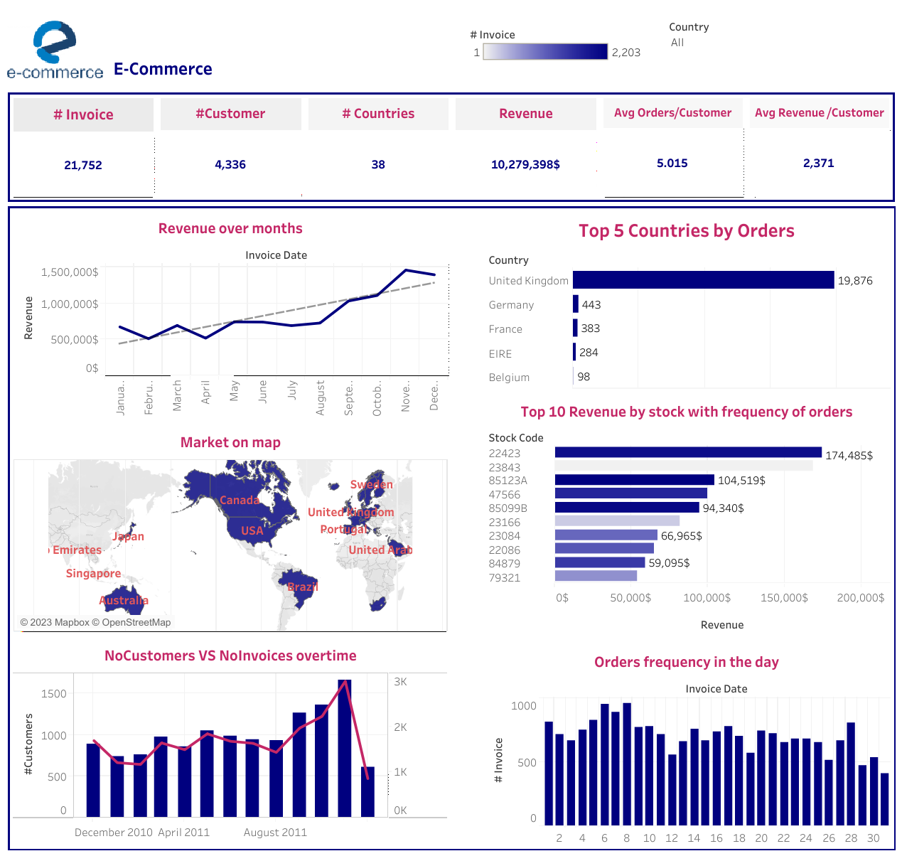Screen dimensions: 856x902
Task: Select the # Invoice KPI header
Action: click(x=83, y=114)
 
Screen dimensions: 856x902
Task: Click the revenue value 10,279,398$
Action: click(x=525, y=164)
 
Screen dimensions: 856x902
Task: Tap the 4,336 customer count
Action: click(x=230, y=164)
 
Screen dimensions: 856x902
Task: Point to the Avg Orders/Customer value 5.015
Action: click(x=672, y=163)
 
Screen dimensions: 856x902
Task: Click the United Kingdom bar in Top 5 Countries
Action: click(x=703, y=280)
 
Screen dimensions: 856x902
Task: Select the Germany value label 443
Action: click(x=591, y=304)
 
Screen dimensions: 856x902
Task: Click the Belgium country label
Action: click(x=509, y=378)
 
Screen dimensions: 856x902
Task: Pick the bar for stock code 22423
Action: click(x=687, y=452)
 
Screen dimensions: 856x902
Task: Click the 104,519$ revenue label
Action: click(x=741, y=481)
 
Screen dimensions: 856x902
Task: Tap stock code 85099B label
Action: click(x=508, y=508)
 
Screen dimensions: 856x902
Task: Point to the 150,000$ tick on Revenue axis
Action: click(x=784, y=598)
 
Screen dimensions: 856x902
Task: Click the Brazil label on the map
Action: click(x=303, y=587)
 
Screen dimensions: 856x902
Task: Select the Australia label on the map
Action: click(x=124, y=600)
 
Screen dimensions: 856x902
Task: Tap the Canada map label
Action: click(x=240, y=500)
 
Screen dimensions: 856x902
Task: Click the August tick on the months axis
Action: click(x=321, y=397)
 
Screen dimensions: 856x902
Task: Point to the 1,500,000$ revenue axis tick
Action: click(x=70, y=272)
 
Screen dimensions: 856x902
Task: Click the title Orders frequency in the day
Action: click(x=686, y=662)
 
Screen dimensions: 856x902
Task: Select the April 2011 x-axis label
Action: click(x=183, y=833)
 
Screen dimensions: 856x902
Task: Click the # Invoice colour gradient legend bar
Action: click(x=545, y=52)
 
